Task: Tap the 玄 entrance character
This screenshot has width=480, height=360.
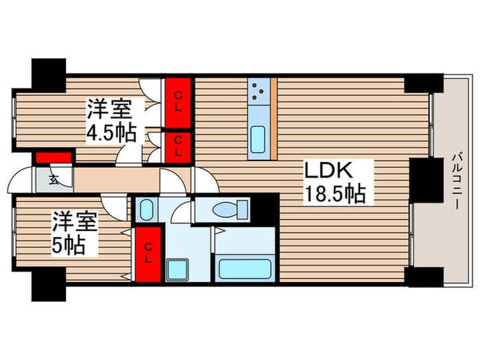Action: pyautogui.click(x=53, y=181)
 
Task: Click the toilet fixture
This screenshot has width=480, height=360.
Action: pyautogui.click(x=226, y=210)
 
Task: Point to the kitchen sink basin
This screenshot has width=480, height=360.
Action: pyautogui.click(x=259, y=140)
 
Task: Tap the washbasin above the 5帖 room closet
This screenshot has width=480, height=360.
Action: pyautogui.click(x=145, y=209)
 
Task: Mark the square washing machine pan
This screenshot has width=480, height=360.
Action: pyautogui.click(x=178, y=269)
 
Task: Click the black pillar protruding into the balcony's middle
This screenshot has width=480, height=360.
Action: pyautogui.click(x=423, y=180)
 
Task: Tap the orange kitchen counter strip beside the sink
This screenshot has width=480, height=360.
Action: pyautogui.click(x=274, y=117)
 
